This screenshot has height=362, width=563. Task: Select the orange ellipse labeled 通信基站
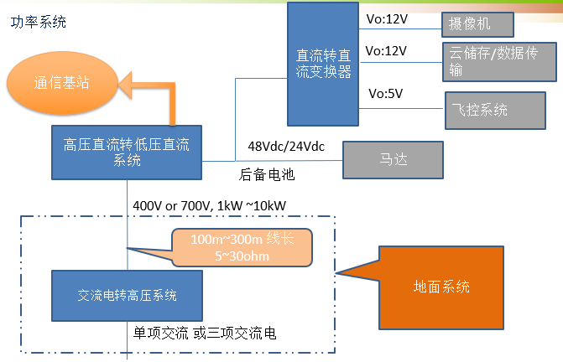pos(61,84)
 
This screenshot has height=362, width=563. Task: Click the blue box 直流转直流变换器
pos(323,63)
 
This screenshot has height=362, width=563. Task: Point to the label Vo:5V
pos(385,94)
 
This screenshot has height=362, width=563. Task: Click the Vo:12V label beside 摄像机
pos(387,15)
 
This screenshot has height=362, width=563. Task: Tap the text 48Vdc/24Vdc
pos(285,147)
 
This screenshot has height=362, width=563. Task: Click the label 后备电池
pos(267,175)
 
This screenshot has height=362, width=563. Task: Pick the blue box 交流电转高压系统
pos(127,295)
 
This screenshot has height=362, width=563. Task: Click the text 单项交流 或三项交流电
pos(205,334)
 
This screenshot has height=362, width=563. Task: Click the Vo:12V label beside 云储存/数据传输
pos(387,51)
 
